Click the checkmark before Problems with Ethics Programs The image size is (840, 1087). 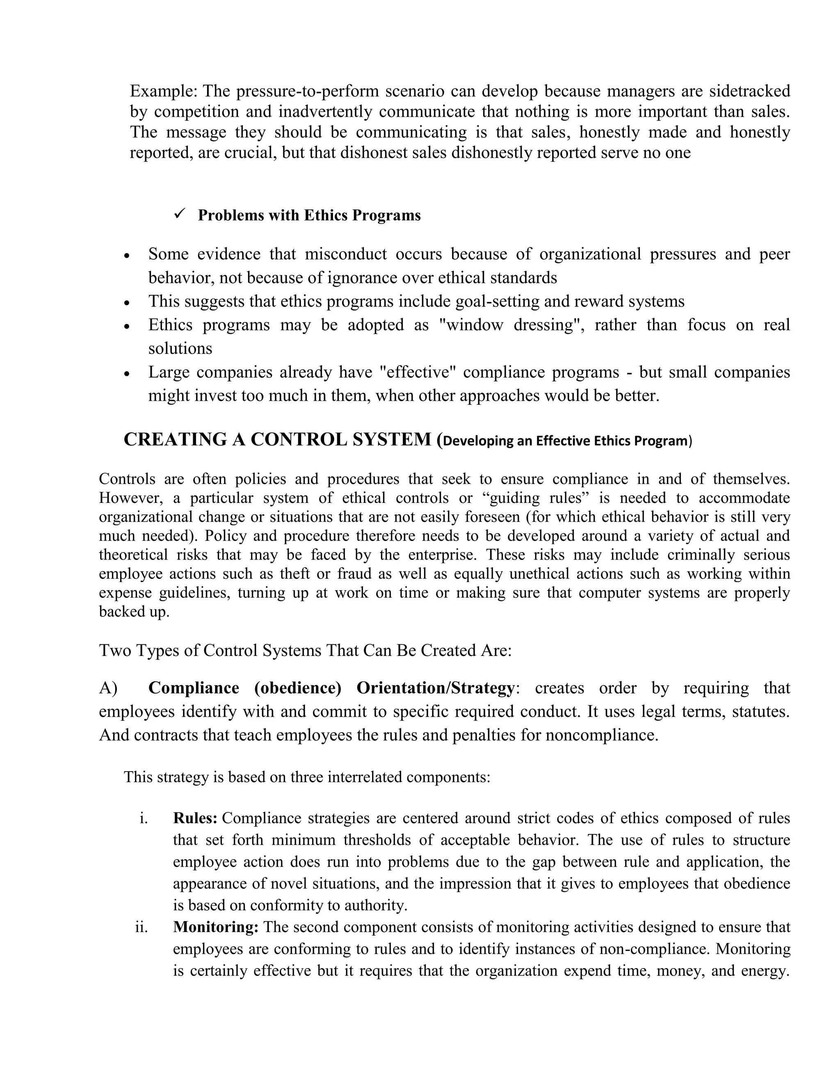pyautogui.click(x=180, y=214)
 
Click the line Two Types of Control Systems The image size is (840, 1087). pyautogui.click(x=305, y=651)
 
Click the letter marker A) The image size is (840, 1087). pyautogui.click(x=108, y=688)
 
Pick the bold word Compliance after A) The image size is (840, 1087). pyautogui.click(x=194, y=688)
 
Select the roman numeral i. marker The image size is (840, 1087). pyautogui.click(x=144, y=818)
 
